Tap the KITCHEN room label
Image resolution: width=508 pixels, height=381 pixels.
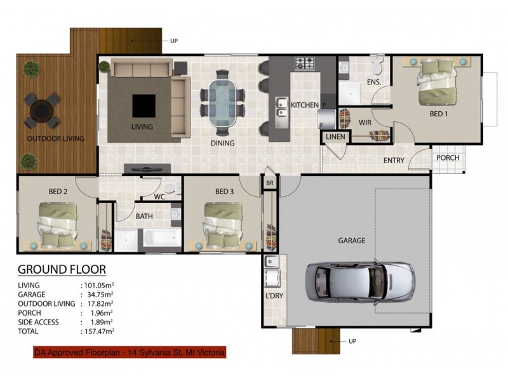point(304,104)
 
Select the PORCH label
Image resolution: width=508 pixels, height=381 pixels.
point(448,157)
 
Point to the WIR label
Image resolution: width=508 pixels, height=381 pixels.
point(364,122)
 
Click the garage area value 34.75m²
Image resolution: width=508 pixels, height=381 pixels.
point(98,295)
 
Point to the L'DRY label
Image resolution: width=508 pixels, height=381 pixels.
point(273,296)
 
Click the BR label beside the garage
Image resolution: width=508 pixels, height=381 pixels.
point(270,182)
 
